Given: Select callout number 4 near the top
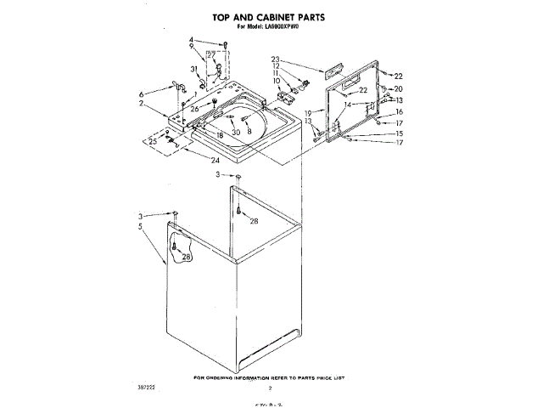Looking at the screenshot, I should [192, 41].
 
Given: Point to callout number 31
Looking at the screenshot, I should [193, 69].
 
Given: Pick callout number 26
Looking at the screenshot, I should [194, 109].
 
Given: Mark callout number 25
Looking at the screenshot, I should [153, 141].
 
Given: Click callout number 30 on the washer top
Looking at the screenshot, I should [236, 132].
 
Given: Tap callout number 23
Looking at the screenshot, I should [276, 59].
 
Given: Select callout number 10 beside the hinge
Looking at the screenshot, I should [276, 81].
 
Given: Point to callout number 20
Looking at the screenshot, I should [399, 89].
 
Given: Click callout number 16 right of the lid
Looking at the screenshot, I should [399, 111].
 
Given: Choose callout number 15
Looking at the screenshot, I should [399, 133].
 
